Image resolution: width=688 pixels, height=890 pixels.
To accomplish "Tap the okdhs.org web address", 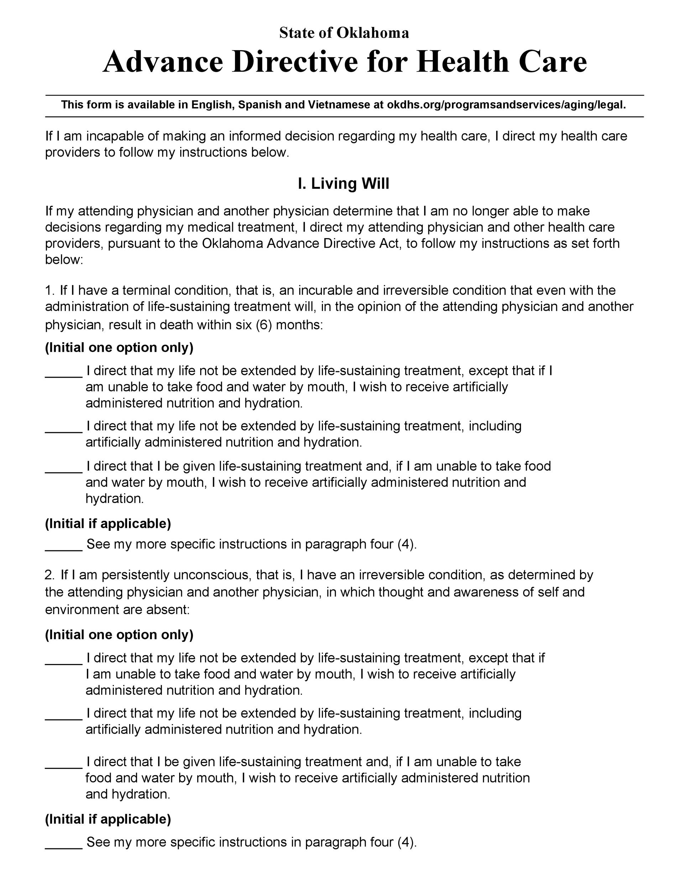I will coord(506,105).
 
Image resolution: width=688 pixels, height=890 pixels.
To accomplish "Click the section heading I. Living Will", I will coord(344,184).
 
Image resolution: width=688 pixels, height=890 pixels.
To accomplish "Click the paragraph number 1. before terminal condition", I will coord(50,290).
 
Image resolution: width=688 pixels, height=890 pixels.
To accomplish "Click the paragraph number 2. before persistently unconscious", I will coord(50,575).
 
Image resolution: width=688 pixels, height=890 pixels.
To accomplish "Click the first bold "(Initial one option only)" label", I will coord(119,347).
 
